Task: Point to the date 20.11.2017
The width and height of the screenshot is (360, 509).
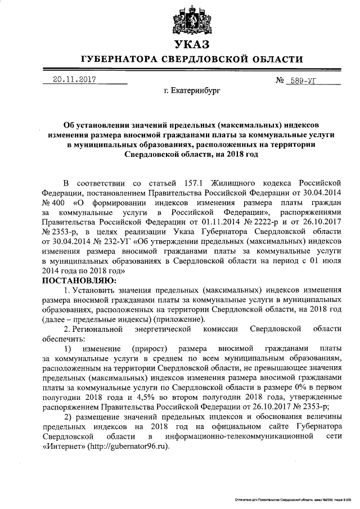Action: coord(71,80)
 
